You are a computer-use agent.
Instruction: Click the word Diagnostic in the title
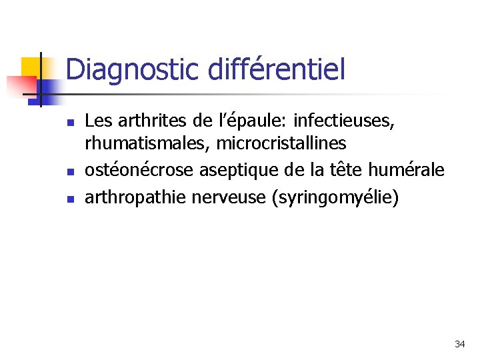point(133,69)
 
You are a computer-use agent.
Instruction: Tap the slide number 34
point(459,344)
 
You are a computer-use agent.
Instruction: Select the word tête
point(351,170)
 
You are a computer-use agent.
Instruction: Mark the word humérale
point(410,170)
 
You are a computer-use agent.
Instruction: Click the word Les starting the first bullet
point(98,121)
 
